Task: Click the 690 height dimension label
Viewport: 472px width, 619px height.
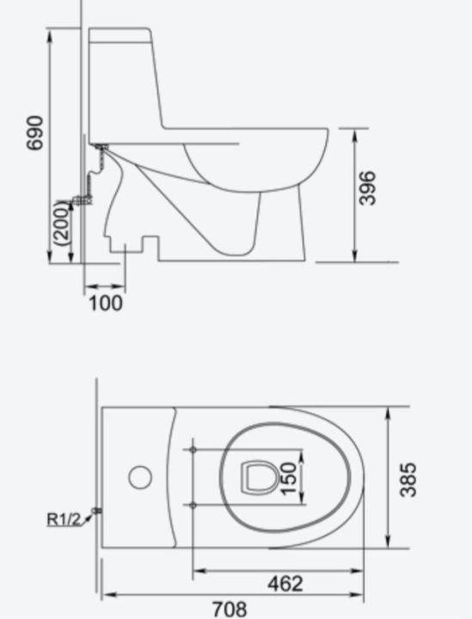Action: pos(35,134)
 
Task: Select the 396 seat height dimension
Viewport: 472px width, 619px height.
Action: pos(367,188)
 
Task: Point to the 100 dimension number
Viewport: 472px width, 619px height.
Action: pos(106,303)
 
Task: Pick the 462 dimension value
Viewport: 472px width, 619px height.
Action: pos(284,584)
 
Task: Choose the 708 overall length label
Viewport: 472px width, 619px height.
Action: pos(229,609)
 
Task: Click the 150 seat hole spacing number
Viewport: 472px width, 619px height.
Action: pos(289,478)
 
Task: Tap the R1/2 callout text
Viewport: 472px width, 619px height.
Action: pos(63,518)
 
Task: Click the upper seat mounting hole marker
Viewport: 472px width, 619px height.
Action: pos(193,449)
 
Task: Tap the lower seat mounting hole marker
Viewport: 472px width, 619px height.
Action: pos(193,505)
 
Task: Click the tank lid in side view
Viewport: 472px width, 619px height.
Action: pos(120,36)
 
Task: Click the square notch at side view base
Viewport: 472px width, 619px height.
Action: pos(150,247)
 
